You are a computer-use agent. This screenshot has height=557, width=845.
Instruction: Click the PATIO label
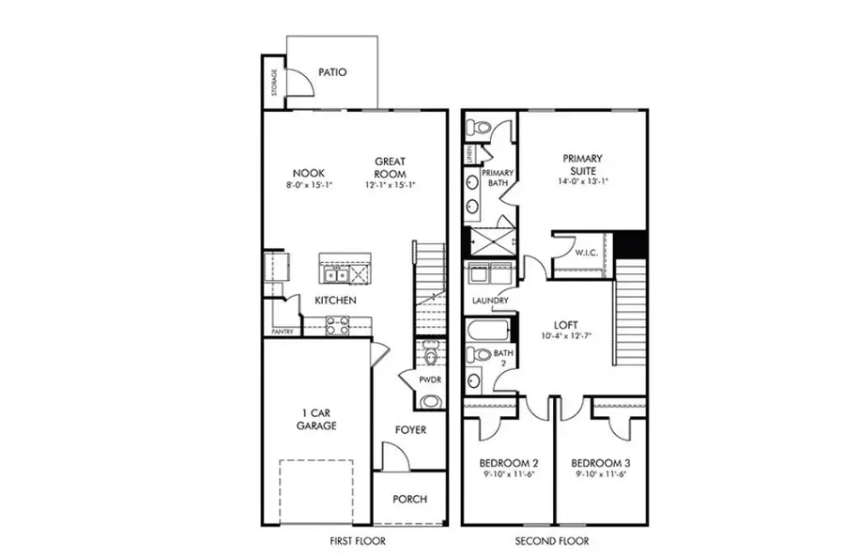click(333, 71)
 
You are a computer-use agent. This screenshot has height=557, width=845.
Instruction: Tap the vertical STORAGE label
click(274, 83)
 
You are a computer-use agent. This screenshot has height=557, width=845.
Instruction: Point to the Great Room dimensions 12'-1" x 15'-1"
click(390, 186)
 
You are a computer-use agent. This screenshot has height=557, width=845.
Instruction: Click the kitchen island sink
click(336, 275)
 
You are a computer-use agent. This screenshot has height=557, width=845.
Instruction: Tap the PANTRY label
click(283, 332)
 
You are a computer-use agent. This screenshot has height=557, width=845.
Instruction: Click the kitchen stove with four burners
click(338, 326)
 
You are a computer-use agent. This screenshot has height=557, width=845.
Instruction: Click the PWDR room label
click(430, 379)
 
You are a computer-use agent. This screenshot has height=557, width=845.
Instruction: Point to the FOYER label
click(410, 430)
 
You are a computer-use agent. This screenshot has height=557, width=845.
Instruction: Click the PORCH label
click(410, 499)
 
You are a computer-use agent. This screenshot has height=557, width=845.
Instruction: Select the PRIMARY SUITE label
click(582, 164)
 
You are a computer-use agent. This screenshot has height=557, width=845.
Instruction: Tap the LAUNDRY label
click(491, 301)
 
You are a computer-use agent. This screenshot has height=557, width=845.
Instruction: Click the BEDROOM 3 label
click(601, 464)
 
